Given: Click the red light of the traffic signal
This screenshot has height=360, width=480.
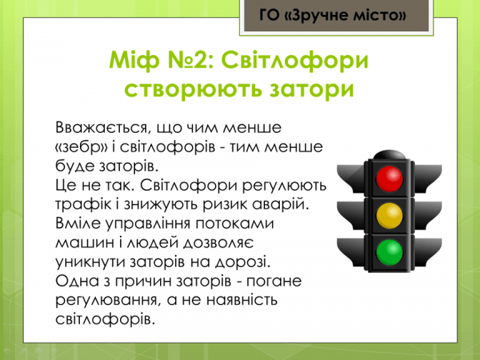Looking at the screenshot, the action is click(x=389, y=179).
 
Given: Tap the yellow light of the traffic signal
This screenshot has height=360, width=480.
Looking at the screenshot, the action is click(x=389, y=216).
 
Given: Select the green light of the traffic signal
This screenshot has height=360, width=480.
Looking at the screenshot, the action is click(x=389, y=252).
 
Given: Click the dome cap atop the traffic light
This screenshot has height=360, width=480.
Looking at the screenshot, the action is click(x=389, y=154).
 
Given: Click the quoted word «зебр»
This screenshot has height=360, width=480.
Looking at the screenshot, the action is click(x=81, y=146).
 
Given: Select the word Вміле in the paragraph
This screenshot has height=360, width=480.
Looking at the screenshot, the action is click(x=78, y=223).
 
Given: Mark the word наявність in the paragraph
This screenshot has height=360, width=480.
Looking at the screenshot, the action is click(x=241, y=300).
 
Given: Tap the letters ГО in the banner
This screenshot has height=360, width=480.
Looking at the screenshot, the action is click(x=270, y=15).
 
